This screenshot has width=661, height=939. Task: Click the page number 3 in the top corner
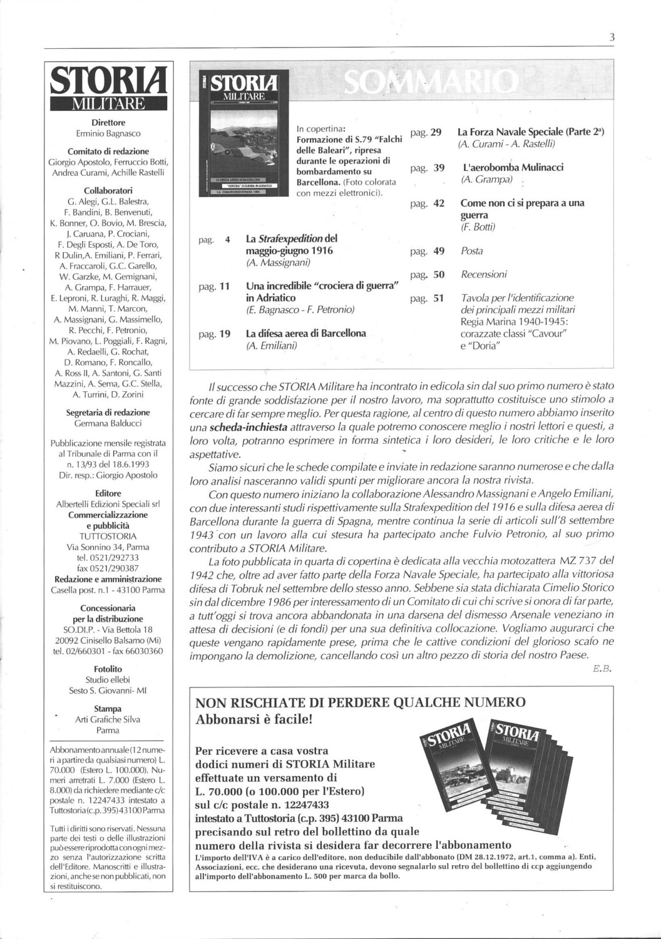point(612,37)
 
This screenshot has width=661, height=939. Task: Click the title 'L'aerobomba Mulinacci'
point(513,167)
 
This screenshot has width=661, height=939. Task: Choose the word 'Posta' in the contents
point(471,251)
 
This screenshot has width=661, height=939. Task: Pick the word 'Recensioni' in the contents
point(484,274)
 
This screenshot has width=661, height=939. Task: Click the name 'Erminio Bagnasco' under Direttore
point(108,133)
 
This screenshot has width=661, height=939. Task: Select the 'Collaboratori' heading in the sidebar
point(108,190)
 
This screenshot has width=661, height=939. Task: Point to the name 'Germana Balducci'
point(108,423)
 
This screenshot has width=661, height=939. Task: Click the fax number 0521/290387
point(108,568)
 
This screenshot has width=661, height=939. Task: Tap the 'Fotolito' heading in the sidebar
point(108,669)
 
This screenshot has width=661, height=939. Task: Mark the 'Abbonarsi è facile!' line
point(254,719)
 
